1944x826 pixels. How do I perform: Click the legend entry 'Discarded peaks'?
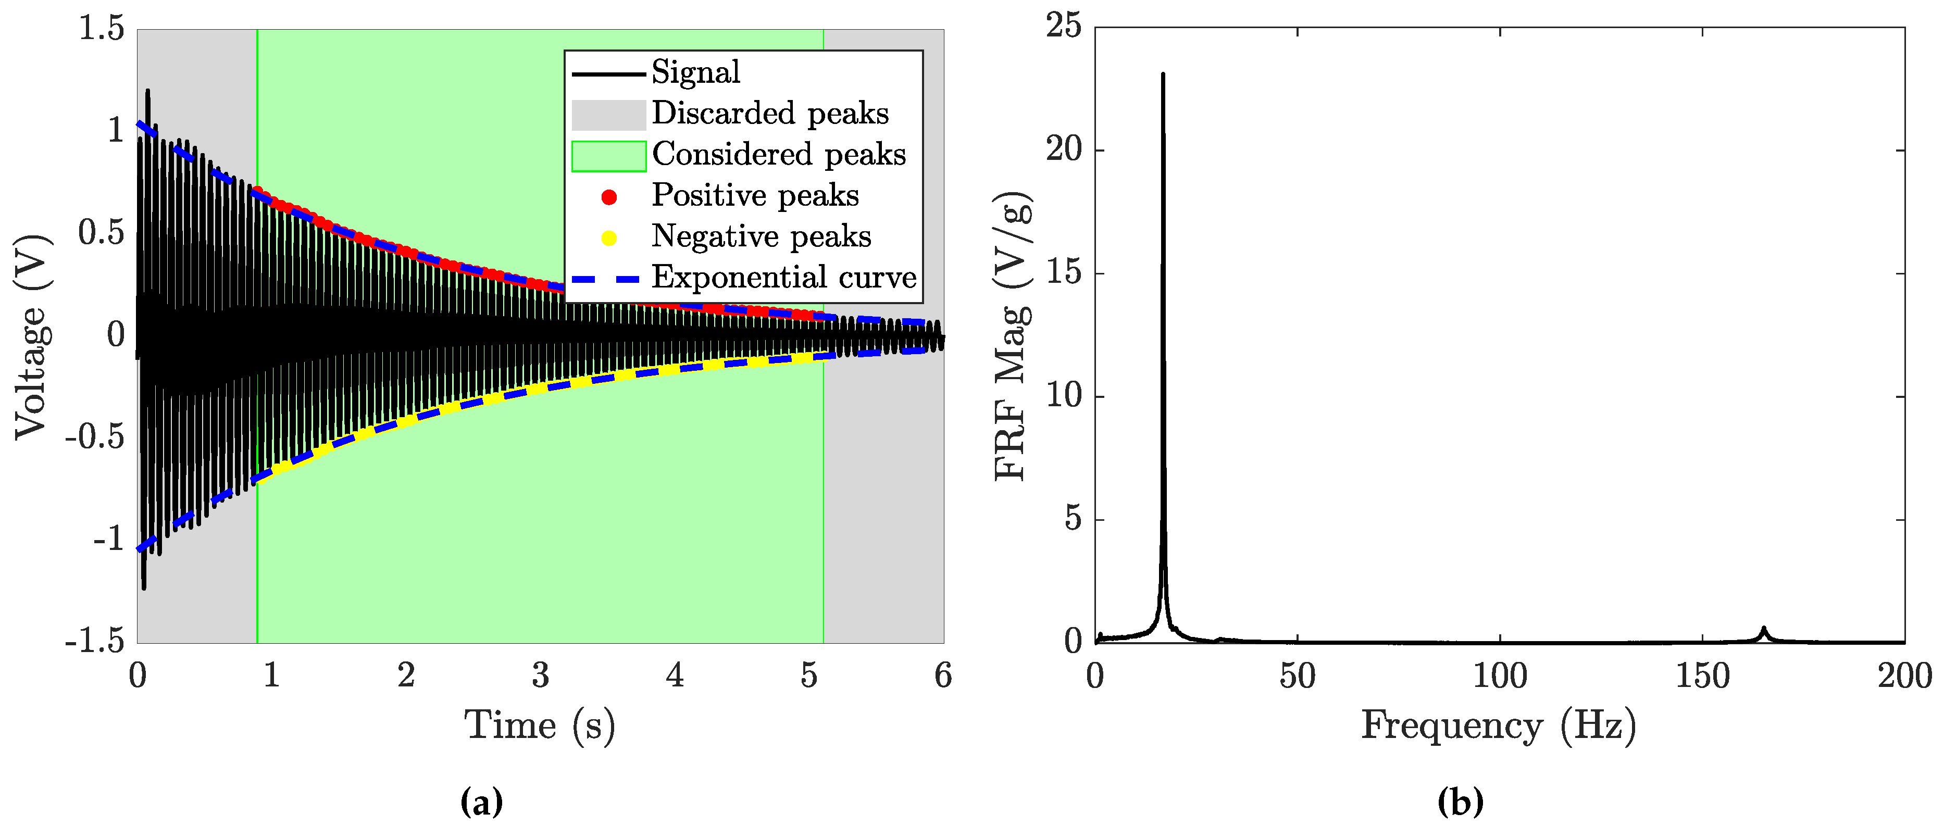pyautogui.click(x=770, y=113)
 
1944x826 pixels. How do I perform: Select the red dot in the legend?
pyautogui.click(x=609, y=197)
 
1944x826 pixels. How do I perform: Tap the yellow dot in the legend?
pyautogui.click(x=609, y=239)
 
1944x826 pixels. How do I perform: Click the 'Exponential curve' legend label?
pyautogui.click(x=783, y=278)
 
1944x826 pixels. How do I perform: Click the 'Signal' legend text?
pyautogui.click(x=695, y=72)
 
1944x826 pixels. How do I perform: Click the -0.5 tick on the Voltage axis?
pyautogui.click(x=95, y=437)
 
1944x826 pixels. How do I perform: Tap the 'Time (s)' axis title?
pyautogui.click(x=540, y=725)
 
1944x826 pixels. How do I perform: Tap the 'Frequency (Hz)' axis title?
pyautogui.click(x=1499, y=725)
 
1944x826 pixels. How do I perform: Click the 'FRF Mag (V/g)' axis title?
pyautogui.click(x=1011, y=336)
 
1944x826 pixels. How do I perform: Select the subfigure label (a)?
pyautogui.click(x=481, y=801)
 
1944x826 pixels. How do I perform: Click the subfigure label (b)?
pyautogui.click(x=1460, y=801)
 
